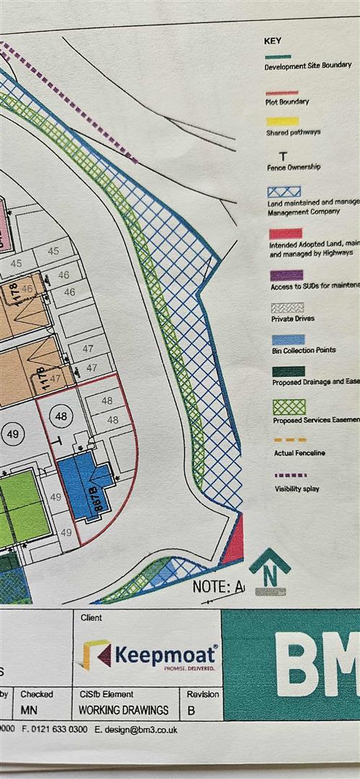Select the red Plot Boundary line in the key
(x=281, y=92)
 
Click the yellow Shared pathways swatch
(x=282, y=122)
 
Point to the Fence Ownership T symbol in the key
(x=282, y=155)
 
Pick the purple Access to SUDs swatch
(x=286, y=275)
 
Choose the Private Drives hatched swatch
(x=287, y=307)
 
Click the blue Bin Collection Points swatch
(x=287, y=339)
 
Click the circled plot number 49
(x=13, y=432)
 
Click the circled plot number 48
(x=61, y=417)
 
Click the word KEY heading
(x=273, y=41)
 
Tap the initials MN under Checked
(x=29, y=710)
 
